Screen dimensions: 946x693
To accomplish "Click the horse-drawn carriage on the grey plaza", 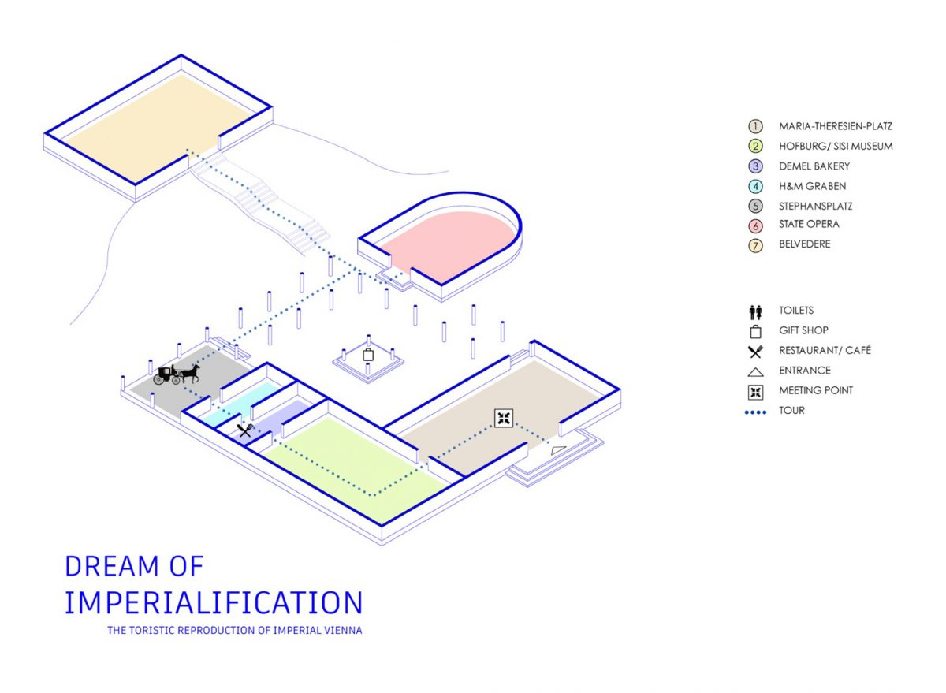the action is point(176,374).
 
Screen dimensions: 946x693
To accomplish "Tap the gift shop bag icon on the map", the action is point(368,355).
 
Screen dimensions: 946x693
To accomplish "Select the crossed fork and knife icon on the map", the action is point(244,430).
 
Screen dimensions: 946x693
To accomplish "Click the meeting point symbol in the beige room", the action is point(504,418).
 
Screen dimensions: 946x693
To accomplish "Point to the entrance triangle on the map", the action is point(558,451).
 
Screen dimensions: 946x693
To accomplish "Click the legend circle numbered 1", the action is point(755,126).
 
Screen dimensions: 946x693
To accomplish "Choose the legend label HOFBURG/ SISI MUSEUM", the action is point(836,146).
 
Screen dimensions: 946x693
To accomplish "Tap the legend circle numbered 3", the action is point(755,166).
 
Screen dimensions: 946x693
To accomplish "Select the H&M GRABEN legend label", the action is point(813,186).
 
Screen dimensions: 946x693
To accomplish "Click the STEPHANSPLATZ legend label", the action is point(815,206).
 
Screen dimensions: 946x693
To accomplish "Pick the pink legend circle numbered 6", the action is point(755,226).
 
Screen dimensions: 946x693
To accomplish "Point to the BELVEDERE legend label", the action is point(805,244).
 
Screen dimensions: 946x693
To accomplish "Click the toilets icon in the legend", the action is point(755,312).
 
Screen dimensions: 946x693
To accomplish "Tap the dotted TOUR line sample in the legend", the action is point(755,412).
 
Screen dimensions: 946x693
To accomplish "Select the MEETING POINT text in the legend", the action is point(816,390).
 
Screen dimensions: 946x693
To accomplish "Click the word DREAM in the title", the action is point(112,566).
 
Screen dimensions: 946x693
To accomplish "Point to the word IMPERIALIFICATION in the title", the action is point(214,602).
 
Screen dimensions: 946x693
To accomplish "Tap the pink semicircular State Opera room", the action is point(447,245).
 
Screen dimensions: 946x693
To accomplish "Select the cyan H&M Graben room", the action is point(240,404).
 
